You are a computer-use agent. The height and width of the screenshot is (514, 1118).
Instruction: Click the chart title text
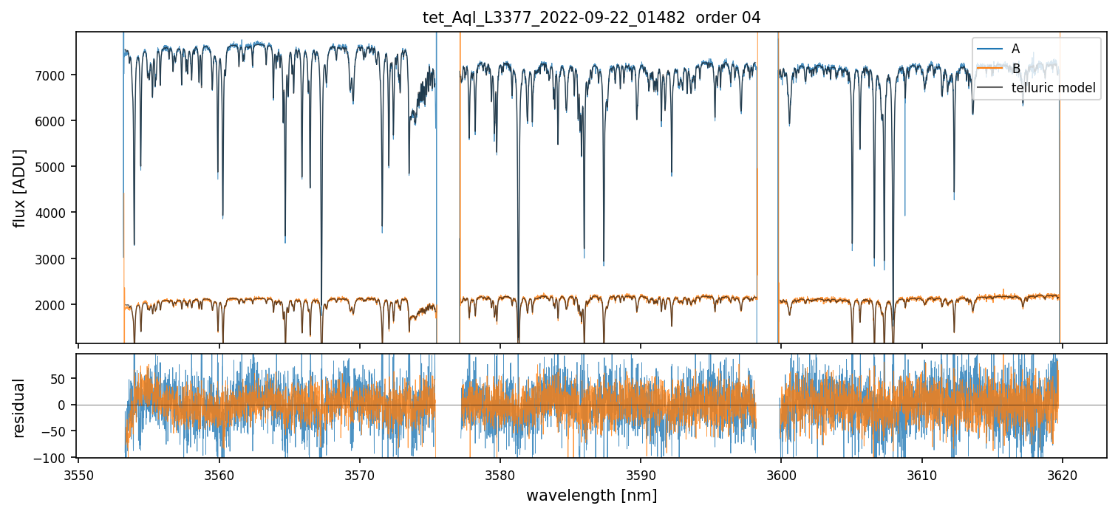591,18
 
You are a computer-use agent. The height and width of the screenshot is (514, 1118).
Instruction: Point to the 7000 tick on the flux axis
56,75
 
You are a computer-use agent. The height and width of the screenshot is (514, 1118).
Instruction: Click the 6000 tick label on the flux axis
56,121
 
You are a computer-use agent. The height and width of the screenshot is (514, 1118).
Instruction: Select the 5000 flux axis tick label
56,167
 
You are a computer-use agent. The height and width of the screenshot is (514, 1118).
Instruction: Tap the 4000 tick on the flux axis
56,213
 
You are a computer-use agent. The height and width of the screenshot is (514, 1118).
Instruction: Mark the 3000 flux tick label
56,259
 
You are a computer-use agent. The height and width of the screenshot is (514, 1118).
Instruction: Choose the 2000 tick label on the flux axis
56,305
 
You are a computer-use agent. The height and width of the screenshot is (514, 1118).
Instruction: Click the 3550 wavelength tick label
79,474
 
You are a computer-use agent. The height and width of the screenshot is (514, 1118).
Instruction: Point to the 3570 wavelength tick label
360,474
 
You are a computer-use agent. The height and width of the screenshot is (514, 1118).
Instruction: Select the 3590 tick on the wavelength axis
641,474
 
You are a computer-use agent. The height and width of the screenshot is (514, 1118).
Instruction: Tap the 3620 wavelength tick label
1062,474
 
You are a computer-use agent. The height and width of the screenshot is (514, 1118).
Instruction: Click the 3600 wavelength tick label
781,474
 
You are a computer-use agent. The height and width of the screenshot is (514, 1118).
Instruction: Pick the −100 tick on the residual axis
54,458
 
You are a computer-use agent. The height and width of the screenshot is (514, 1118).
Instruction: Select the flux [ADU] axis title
20,188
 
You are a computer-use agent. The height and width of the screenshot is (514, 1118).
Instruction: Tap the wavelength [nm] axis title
591,495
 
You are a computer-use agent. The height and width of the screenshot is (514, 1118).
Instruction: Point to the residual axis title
20,408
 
